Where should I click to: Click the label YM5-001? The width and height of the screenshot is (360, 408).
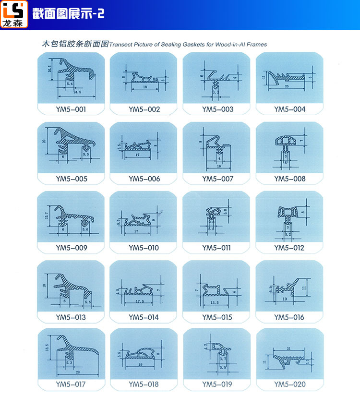pyautogui.click(x=71, y=109)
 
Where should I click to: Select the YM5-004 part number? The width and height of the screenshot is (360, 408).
pyautogui.click(x=289, y=109)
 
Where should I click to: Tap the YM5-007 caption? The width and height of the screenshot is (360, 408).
pyautogui.click(x=217, y=179)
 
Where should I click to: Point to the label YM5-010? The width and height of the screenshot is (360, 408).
pyautogui.click(x=144, y=248)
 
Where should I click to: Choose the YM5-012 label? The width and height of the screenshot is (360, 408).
pyautogui.click(x=289, y=248)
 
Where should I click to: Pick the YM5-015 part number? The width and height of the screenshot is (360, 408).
pyautogui.click(x=217, y=317)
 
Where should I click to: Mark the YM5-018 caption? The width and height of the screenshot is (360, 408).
pyautogui.click(x=144, y=384)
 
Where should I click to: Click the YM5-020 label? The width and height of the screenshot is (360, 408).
pyautogui.click(x=289, y=384)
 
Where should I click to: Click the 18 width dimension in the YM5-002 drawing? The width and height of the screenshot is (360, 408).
pyautogui.click(x=145, y=88)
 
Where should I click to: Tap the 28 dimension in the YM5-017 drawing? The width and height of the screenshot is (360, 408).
pyautogui.click(x=77, y=372)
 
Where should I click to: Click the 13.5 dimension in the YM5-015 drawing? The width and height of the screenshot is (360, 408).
pyautogui.click(x=215, y=303)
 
